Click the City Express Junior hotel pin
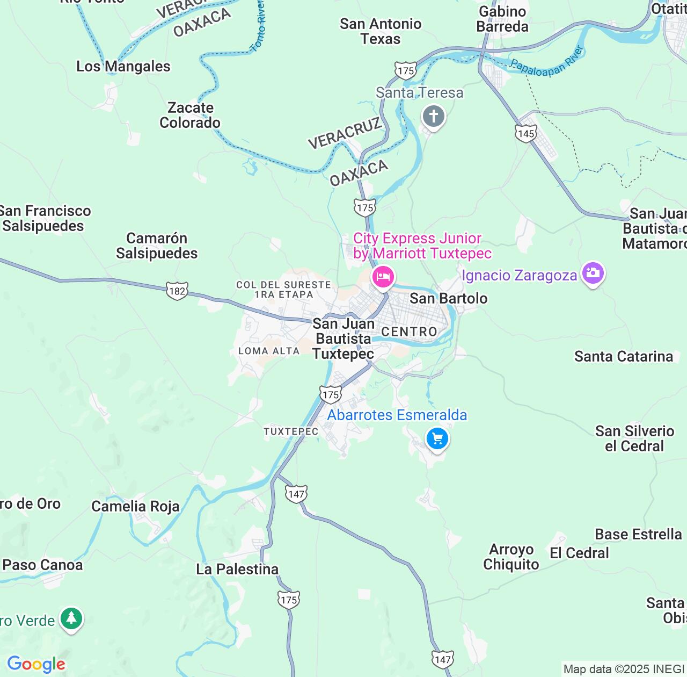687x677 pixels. (383, 278)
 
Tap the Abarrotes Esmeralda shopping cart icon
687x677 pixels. (437, 439)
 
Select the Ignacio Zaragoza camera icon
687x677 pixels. (593, 273)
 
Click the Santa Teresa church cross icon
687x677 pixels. (434, 117)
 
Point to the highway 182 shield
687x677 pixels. (177, 291)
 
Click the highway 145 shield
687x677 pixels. (526, 133)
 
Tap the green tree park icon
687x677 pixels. (71, 618)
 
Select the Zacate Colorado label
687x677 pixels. (190, 115)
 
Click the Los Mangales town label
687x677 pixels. (123, 66)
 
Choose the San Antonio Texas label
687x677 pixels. (381, 31)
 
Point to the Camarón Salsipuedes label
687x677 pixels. (157, 246)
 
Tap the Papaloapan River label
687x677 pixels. (546, 62)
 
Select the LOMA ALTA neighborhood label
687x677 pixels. (269, 351)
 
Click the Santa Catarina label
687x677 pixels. (623, 356)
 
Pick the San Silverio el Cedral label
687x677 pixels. (634, 438)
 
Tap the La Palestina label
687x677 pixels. (237, 569)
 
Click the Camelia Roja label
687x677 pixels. (135, 506)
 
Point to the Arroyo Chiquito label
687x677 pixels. (511, 557)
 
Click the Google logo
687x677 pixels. (36, 664)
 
